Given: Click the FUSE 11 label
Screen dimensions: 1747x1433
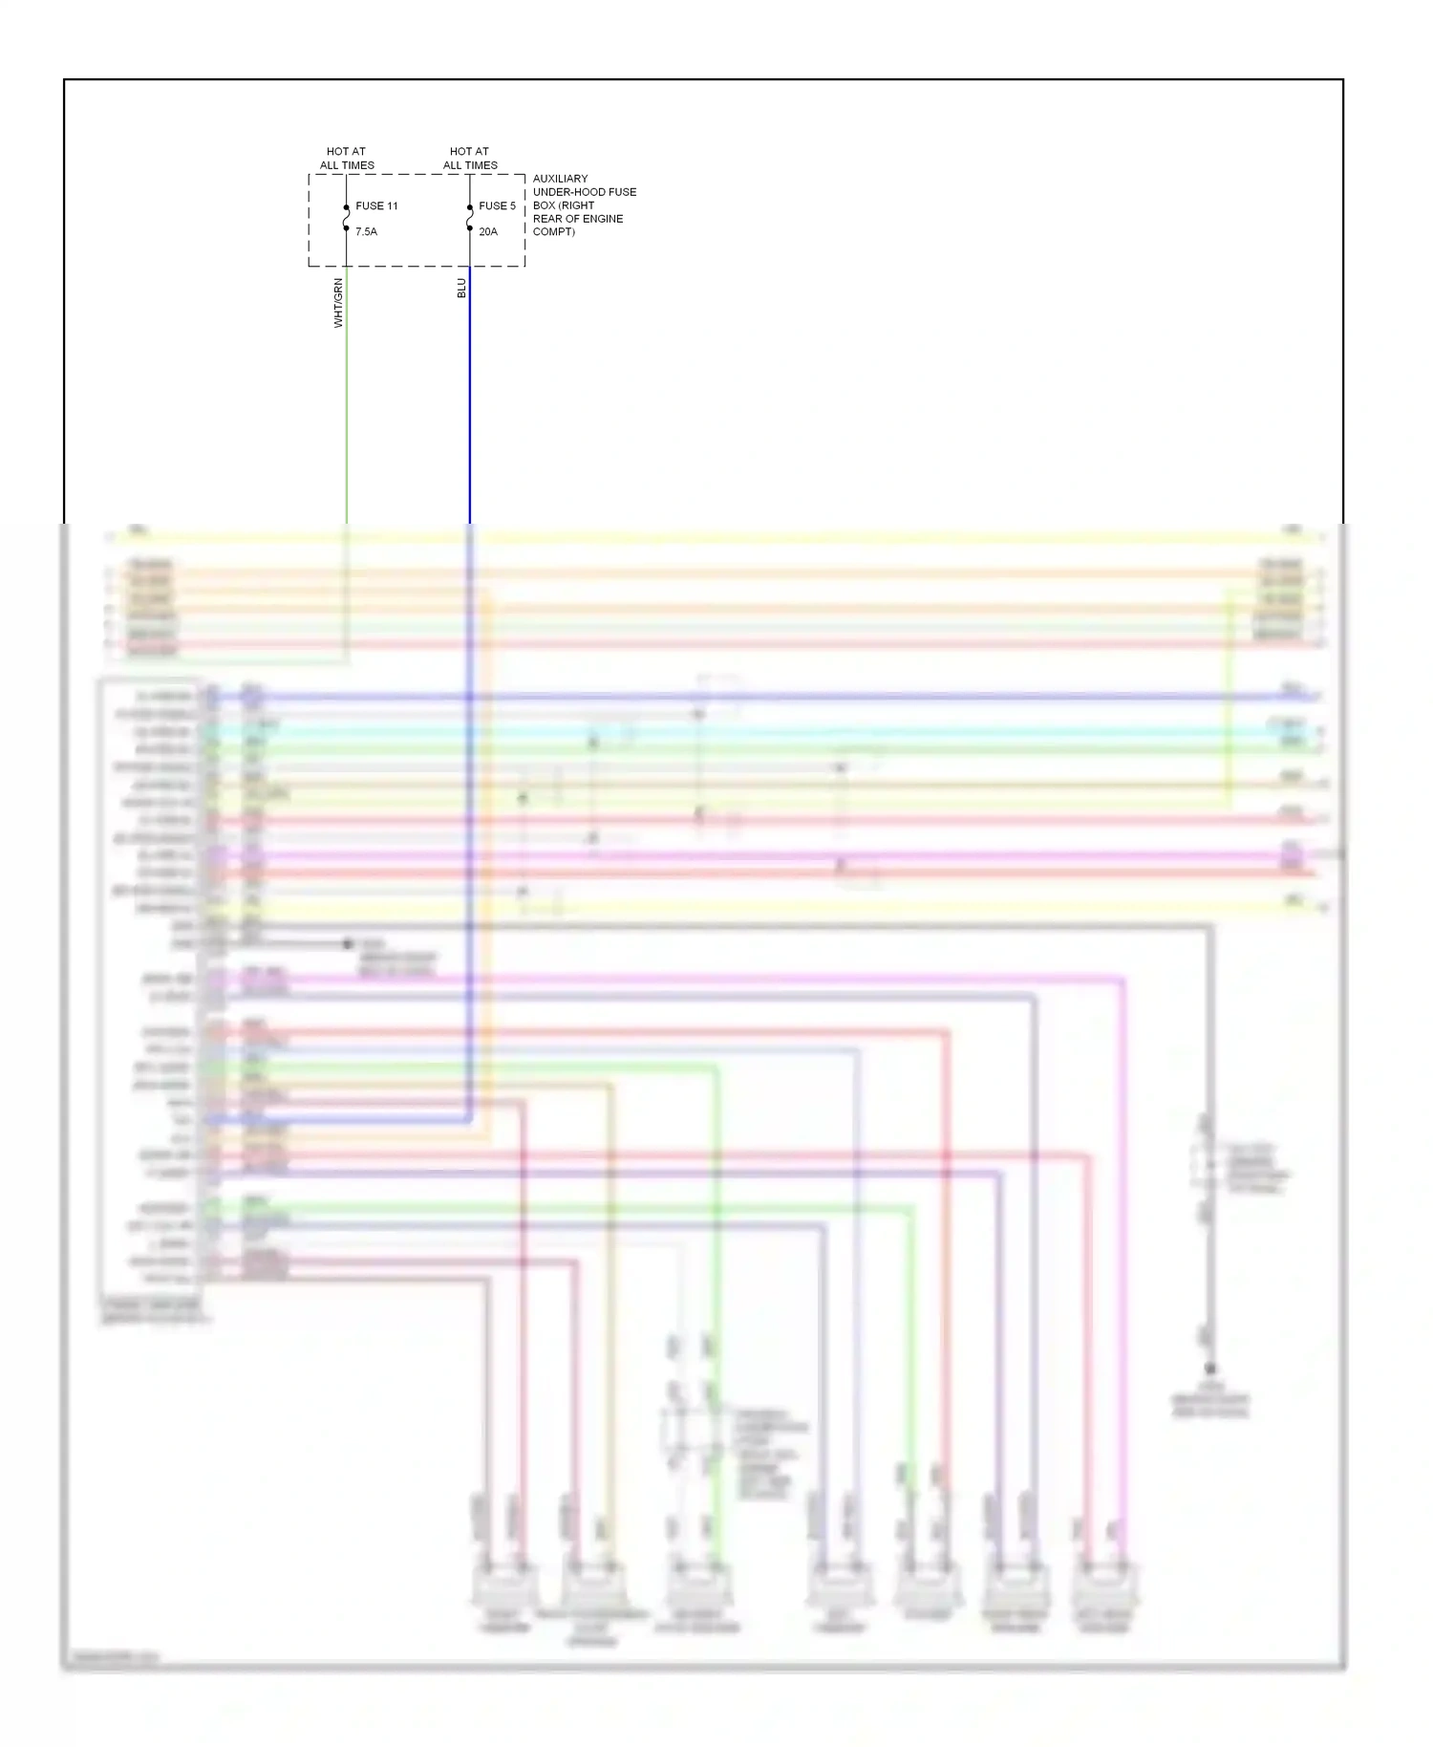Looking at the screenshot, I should coord(376,205).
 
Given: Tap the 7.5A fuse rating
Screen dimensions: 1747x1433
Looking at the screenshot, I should coord(366,231).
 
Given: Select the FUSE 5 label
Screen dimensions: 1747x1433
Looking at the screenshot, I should coord(497,205).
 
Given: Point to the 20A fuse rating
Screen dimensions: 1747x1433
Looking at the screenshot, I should coord(488,231).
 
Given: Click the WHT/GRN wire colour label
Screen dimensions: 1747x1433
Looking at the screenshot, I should coord(338,303).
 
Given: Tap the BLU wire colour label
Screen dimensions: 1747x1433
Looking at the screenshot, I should coord(461,288).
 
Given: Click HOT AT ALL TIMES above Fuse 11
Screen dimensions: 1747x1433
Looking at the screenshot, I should coord(347,158).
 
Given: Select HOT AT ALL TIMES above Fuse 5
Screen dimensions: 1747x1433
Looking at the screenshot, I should coord(470,158).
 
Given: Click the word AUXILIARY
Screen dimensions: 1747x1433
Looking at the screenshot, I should coord(560,179).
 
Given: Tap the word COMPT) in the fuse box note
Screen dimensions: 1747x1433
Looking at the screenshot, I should coord(553,232).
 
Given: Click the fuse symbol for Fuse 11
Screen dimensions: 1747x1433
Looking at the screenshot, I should coord(346,218).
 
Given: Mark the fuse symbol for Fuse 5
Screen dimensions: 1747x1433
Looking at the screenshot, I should coord(470,218).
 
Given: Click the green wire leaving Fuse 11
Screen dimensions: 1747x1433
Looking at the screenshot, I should coord(346,401).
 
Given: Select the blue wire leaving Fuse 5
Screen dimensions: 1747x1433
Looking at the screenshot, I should coord(470,401).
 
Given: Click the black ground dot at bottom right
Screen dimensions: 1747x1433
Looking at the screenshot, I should coord(1210,1369).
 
